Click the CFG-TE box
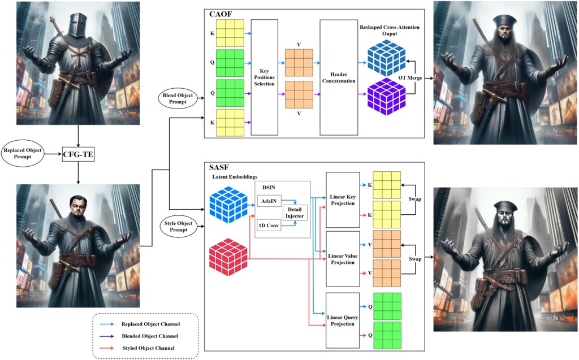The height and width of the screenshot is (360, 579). tap(78, 153)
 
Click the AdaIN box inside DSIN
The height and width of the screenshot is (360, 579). tap(268, 201)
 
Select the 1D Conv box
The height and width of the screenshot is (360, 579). tap(268, 224)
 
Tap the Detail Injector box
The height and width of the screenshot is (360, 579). tap(295, 212)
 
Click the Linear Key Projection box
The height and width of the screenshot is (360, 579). tap(343, 199)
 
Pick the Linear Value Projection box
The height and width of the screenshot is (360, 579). tap(343, 258)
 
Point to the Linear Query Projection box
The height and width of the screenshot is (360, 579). tap(343, 320)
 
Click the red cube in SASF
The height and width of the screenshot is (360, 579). tap(228, 257)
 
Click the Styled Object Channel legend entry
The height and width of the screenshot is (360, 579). tap(148, 346)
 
